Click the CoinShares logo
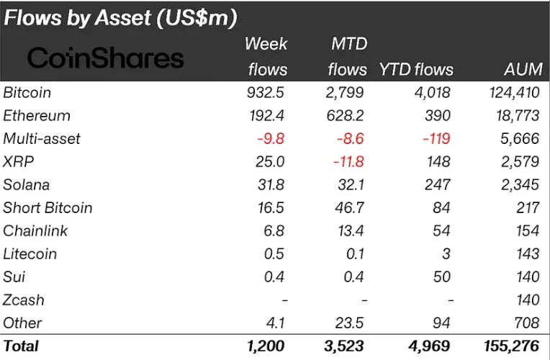pyautogui.click(x=106, y=58)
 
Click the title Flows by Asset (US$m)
pyautogui.click(x=121, y=17)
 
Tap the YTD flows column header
pyautogui.click(x=416, y=69)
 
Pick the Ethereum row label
pyautogui.click(x=37, y=116)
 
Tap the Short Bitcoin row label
pyautogui.click(x=48, y=208)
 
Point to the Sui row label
pyautogui.click(x=14, y=277)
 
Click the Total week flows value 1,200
pyautogui.click(x=268, y=346)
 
